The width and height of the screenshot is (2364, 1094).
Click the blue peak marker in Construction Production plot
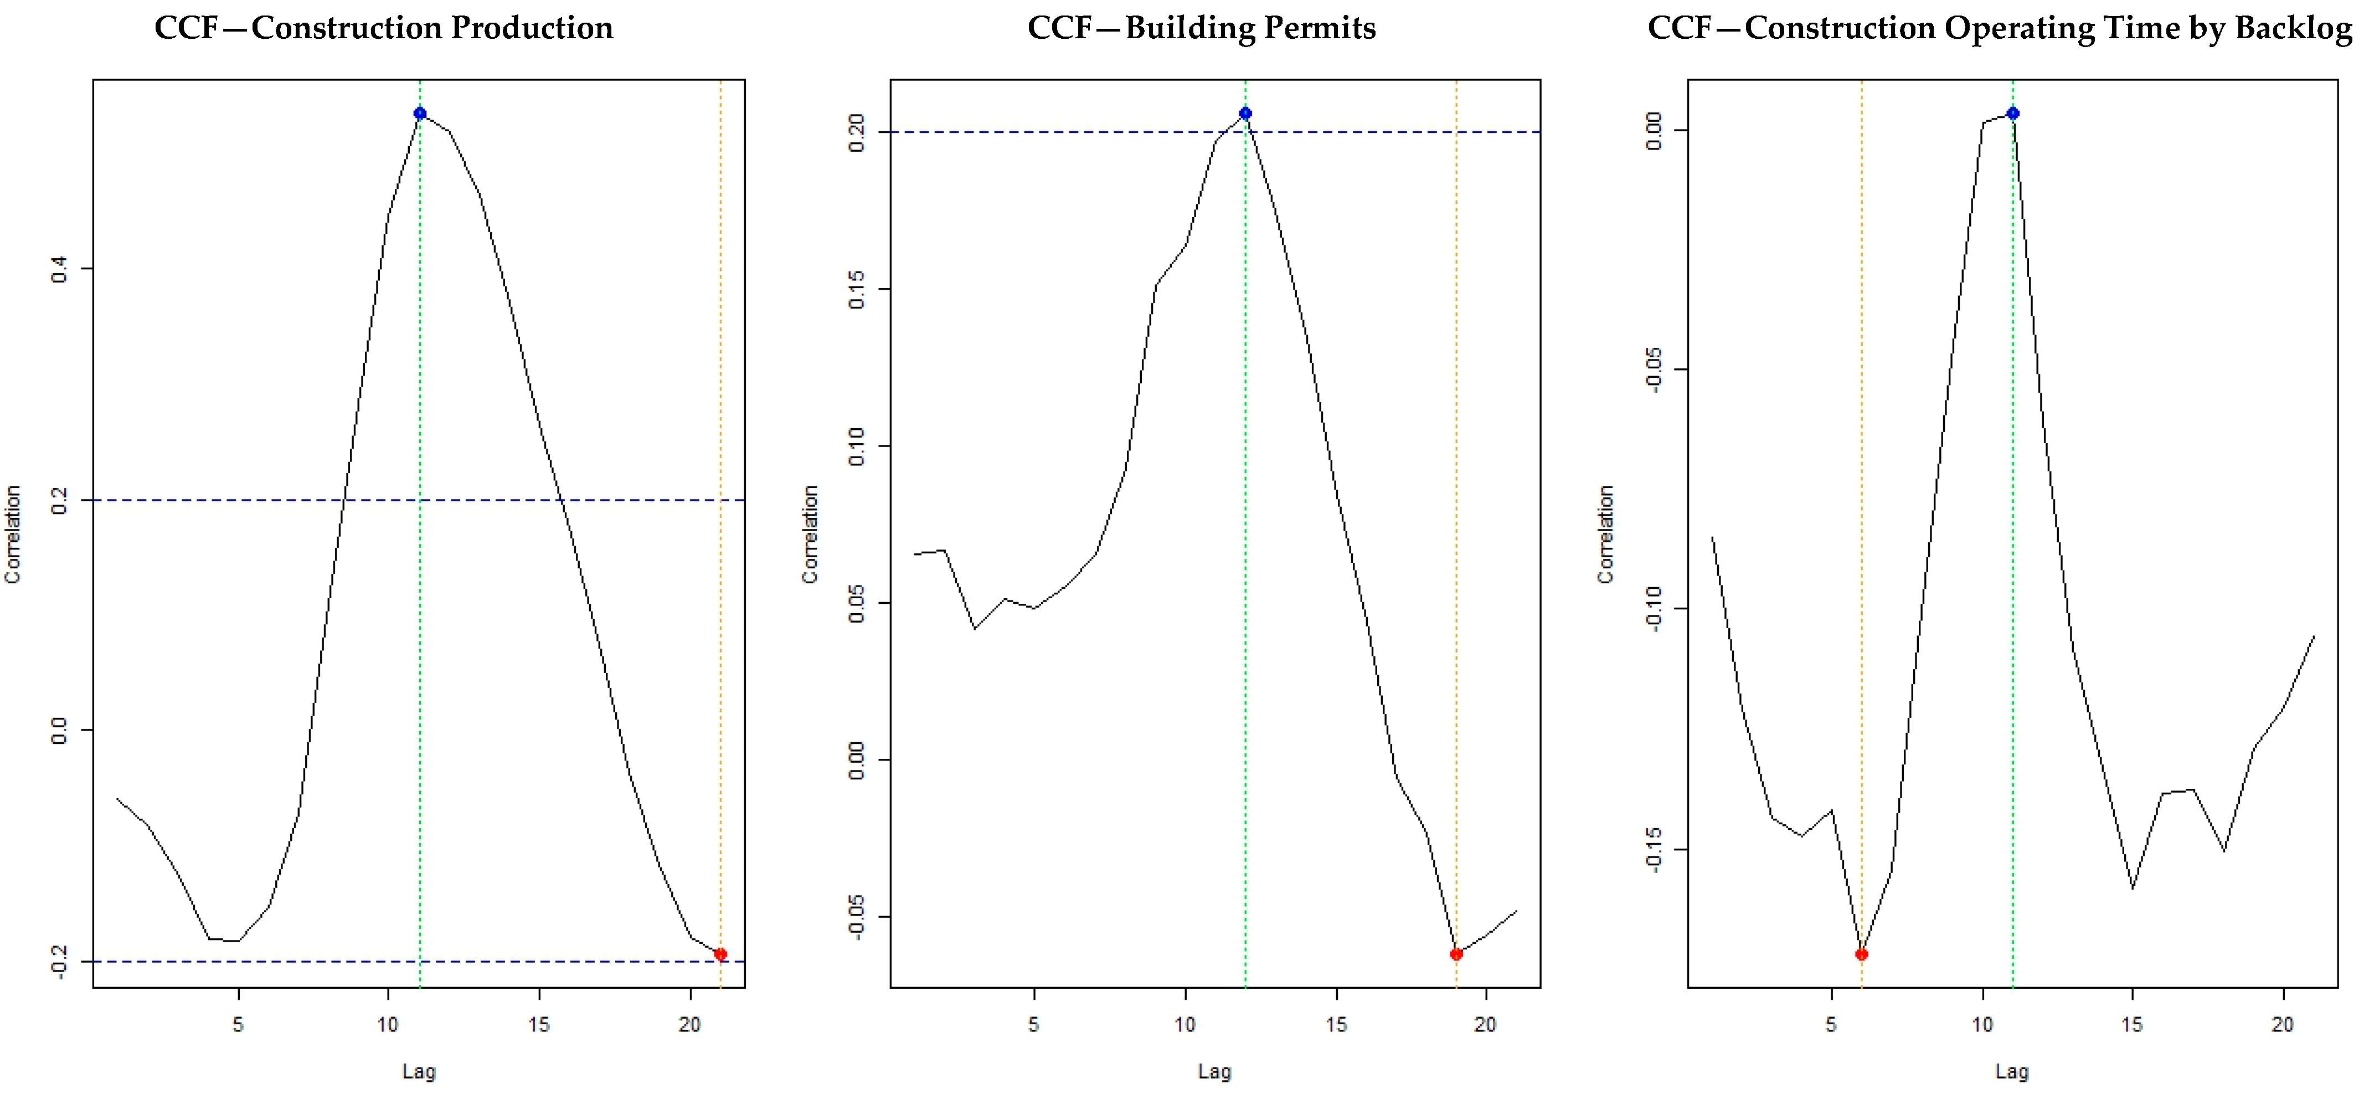(420, 114)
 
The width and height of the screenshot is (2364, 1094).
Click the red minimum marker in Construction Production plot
(720, 954)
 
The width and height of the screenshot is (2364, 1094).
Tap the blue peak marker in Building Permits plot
(1245, 114)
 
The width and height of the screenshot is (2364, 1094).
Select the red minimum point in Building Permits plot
(1456, 954)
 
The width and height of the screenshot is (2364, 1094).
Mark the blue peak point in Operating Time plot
(2012, 114)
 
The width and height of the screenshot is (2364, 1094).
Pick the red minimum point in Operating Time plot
(1862, 954)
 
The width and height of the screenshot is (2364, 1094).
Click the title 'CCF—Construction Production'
(384, 28)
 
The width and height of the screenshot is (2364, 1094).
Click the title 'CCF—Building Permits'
(1201, 28)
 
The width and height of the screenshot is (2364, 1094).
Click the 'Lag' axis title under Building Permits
(1215, 1071)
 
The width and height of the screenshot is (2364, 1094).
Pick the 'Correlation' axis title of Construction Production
(13, 534)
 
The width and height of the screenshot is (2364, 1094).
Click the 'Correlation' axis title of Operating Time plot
(1605, 534)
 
